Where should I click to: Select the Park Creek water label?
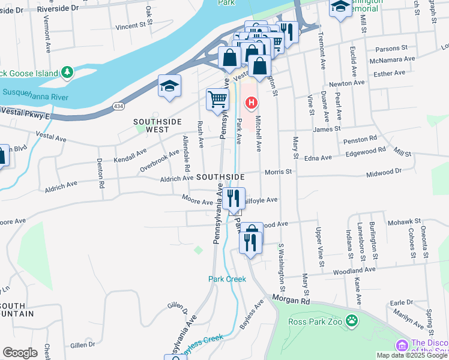pyautogui.click(x=228, y=279)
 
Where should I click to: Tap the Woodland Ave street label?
pyautogui.click(x=354, y=270)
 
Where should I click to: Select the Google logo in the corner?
pyautogui.click(x=20, y=353)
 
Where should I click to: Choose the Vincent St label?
pyautogui.click(x=131, y=26)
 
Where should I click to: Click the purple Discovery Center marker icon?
pyautogui.click(x=401, y=346)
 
